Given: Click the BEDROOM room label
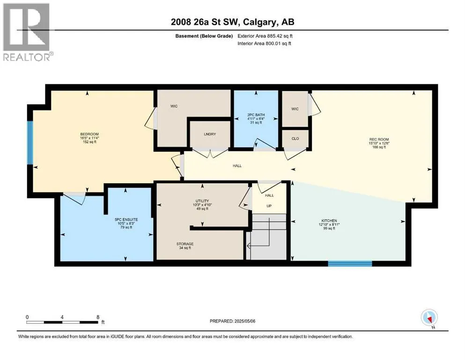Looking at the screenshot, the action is point(89,134).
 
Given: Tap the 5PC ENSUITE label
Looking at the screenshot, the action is point(126,220).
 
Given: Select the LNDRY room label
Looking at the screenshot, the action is point(210,134).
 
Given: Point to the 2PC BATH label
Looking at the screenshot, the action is point(256,115).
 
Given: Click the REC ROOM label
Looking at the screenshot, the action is point(379,139).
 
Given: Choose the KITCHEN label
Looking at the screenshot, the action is point(329,221).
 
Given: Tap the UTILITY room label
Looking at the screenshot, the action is point(202,201).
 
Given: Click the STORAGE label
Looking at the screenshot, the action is point(185,244).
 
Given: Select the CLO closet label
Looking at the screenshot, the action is point(295,139).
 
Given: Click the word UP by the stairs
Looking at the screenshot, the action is point(269,206).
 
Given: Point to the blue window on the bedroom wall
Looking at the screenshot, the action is point(30,142).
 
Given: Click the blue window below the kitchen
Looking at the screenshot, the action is point(350,263).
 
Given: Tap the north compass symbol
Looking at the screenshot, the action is point(429,318).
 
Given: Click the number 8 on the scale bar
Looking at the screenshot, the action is point(98,317).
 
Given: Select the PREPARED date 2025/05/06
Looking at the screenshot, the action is point(244,321).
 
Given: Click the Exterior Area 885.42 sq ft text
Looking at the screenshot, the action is point(265,36).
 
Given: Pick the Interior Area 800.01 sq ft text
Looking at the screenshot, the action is point(264,43).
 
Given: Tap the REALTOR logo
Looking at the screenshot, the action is point(27,32).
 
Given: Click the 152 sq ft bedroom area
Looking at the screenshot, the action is point(89,142).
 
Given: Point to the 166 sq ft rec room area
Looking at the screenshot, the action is point(379,147).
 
